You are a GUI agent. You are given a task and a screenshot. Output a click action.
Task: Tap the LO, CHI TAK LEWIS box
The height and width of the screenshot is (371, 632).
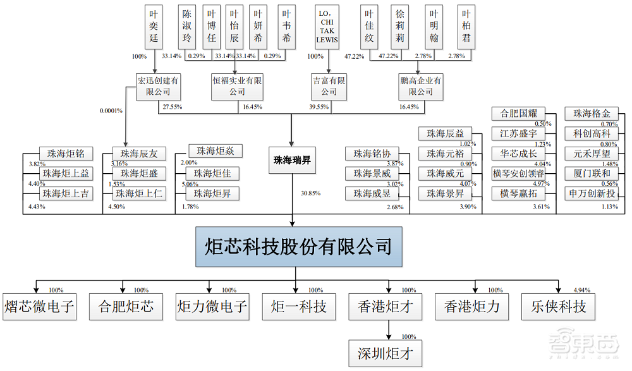327,28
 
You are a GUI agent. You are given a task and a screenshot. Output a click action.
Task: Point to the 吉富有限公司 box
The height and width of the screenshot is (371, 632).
329,87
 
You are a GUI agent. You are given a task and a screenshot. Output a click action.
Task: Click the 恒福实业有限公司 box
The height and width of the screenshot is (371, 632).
237,87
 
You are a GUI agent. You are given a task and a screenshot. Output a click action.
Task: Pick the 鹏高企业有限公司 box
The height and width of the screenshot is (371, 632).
421,87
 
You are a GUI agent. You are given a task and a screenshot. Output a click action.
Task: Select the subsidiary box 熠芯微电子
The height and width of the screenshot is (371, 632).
39,308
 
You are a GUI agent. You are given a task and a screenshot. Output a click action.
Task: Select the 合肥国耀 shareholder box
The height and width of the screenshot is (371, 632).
518,114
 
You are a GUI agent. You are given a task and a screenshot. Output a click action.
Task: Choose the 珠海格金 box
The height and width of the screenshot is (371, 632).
592,114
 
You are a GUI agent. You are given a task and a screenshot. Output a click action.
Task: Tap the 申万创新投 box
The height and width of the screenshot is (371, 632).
592,192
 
